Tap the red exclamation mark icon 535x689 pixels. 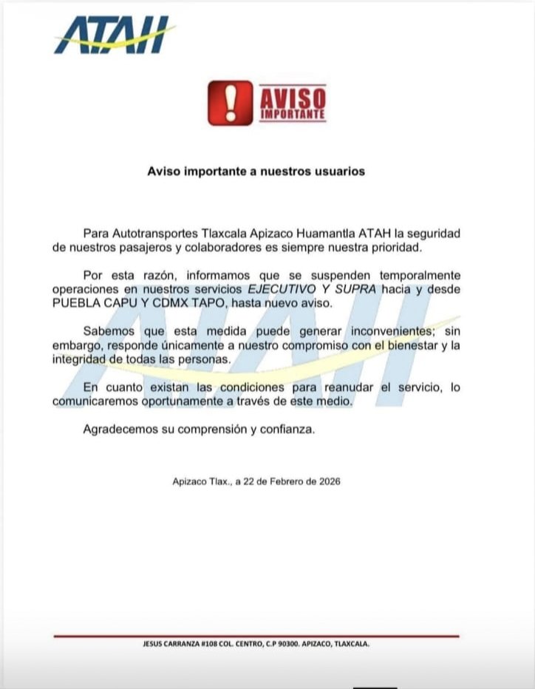[229, 103]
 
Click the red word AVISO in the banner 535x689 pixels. [293, 97]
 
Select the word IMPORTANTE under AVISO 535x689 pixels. [293, 115]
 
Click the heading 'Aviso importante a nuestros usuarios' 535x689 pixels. [256, 171]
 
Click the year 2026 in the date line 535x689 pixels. [328, 481]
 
